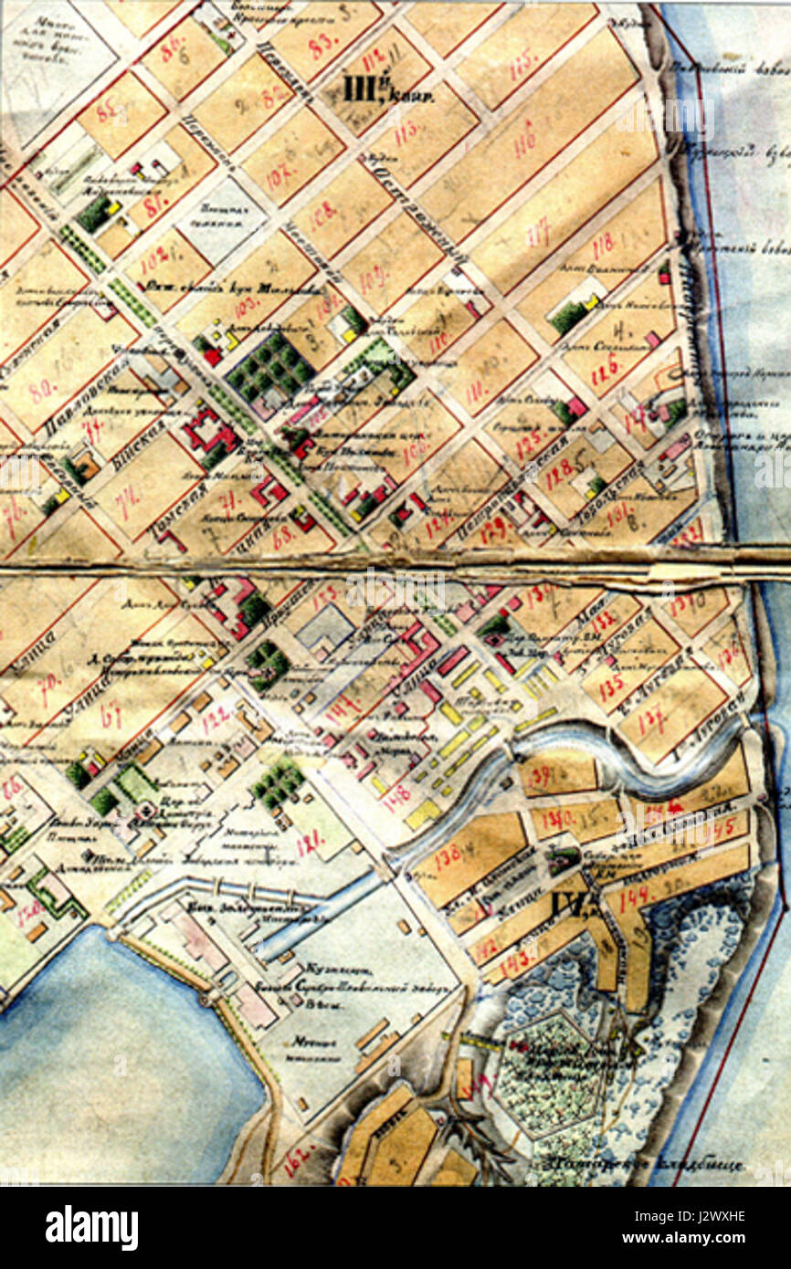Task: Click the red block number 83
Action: (319, 45)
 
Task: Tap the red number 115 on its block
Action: (523, 65)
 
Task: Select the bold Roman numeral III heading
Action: (355, 89)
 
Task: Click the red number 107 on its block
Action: (278, 173)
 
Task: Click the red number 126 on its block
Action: (606, 366)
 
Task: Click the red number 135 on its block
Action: (610, 685)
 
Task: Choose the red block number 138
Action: (448, 856)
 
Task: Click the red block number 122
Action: (216, 720)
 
